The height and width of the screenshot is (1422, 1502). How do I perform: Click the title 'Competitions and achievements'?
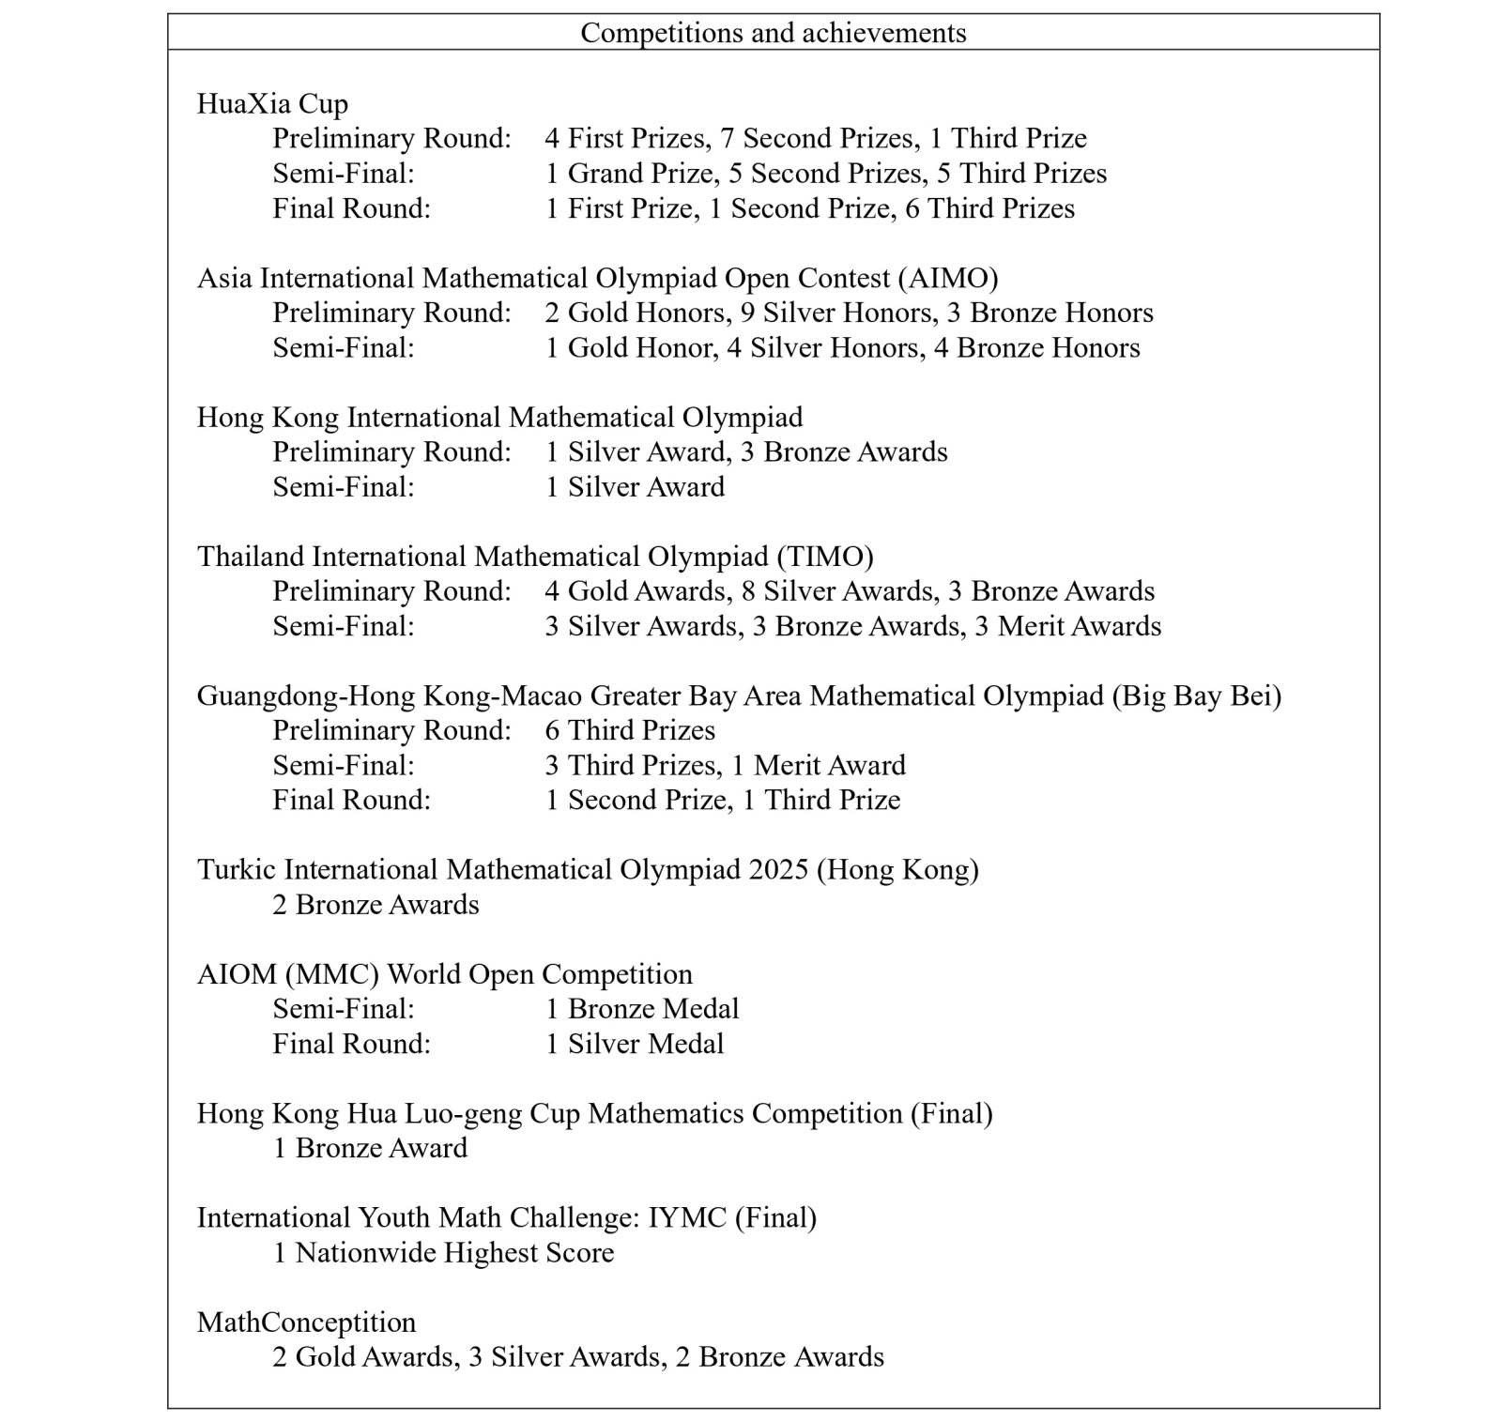(773, 33)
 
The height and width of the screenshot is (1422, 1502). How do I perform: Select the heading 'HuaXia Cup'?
(272, 103)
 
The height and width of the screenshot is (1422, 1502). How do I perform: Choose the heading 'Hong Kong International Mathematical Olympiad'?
(499, 417)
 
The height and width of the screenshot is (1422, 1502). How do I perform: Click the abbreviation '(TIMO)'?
(825, 557)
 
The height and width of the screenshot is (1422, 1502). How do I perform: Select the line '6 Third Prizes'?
(630, 730)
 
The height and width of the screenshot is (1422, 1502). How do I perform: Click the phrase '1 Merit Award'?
(819, 765)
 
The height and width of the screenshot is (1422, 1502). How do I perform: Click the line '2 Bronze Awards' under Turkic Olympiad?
(375, 905)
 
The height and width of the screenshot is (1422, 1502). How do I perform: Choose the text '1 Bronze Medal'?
(642, 1009)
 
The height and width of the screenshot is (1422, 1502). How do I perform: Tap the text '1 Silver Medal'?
(635, 1044)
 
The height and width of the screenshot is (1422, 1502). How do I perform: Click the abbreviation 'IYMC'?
(687, 1217)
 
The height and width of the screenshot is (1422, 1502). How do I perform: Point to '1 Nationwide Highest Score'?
(443, 1253)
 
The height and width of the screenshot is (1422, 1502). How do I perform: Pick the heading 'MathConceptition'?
(306, 1323)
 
